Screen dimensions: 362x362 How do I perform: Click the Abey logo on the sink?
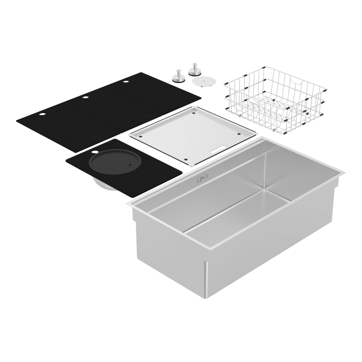pos(201,179)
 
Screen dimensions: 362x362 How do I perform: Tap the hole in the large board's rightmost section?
pos(126,82)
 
